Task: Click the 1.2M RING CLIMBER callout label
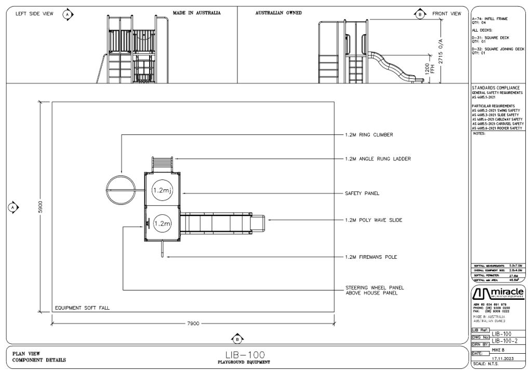tap(369, 135)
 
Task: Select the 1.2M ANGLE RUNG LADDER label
tap(378, 159)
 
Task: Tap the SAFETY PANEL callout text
tap(362, 193)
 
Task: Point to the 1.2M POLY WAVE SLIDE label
tap(374, 220)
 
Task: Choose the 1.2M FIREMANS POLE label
tap(371, 257)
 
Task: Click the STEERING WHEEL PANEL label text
tap(375, 287)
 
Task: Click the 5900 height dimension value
tap(41, 206)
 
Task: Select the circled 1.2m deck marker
tap(162, 224)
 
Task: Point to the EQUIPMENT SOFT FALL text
tap(83, 308)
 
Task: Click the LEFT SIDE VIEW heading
tap(34, 14)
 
